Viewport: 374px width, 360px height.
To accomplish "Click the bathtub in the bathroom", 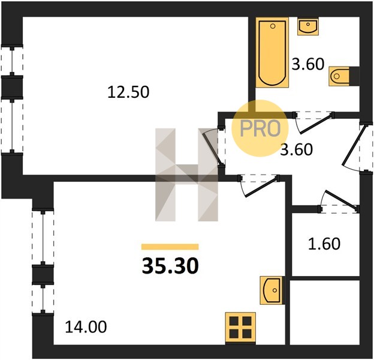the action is (272, 52).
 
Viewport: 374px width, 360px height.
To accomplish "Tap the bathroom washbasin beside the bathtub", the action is (308, 26).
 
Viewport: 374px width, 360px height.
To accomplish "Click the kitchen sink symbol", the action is (272, 290).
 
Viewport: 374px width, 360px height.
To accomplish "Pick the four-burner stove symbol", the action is (240, 328).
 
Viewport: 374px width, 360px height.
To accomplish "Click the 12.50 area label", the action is (128, 92).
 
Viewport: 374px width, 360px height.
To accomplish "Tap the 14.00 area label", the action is (86, 327).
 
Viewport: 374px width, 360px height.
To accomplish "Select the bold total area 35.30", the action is (170, 266).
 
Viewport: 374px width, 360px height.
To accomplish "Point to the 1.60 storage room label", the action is (324, 244).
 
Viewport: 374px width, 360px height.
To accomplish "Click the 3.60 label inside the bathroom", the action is (308, 64).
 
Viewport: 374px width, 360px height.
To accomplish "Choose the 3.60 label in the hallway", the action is (296, 150).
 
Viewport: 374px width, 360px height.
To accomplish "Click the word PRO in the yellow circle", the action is (260, 128).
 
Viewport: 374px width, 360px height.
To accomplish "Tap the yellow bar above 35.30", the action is (170, 247).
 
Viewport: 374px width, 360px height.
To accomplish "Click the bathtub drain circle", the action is (273, 26).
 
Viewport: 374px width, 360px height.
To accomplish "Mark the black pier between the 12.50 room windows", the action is (12, 87).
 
